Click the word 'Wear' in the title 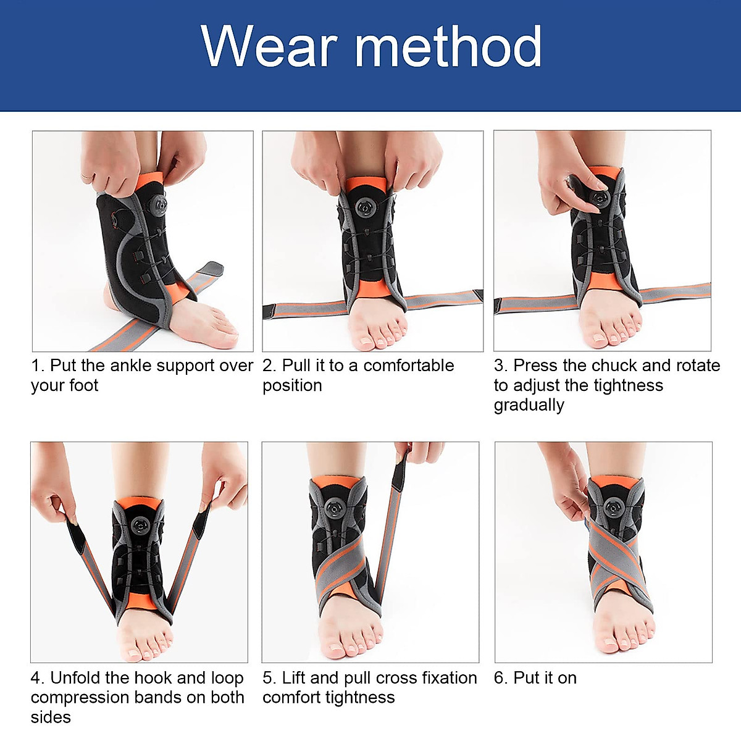(270, 46)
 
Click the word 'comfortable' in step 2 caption (408, 366)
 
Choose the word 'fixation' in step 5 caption (448, 678)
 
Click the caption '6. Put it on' (535, 678)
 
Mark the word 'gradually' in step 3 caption (529, 405)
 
